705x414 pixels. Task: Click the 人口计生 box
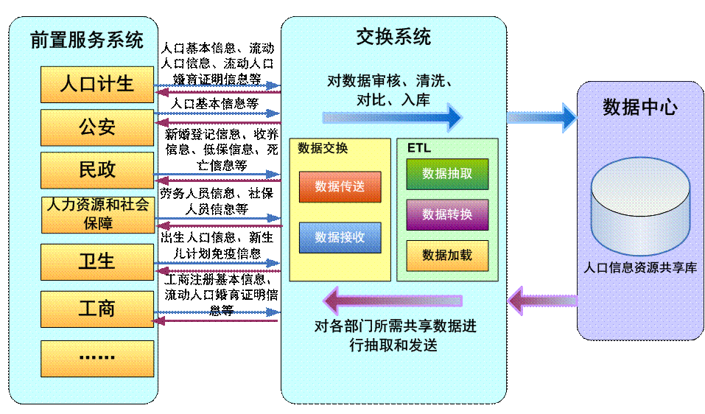click(x=97, y=84)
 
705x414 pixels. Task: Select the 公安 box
click(x=97, y=127)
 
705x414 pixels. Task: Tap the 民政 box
click(x=97, y=170)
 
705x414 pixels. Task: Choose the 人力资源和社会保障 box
click(x=97, y=214)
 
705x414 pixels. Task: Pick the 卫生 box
click(x=97, y=262)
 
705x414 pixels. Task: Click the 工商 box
click(x=97, y=309)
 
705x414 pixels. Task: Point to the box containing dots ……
click(x=97, y=358)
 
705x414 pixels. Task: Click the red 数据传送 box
click(x=340, y=187)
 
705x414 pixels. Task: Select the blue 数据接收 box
click(x=340, y=237)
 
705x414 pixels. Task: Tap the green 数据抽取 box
click(x=447, y=174)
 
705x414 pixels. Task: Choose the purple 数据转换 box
click(x=447, y=214)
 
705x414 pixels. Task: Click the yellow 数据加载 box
click(x=447, y=255)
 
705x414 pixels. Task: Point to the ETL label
click(x=419, y=148)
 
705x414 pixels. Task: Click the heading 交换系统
click(x=393, y=37)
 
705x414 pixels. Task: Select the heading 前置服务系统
click(x=87, y=40)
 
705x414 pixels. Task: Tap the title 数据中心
click(x=640, y=107)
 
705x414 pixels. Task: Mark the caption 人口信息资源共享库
click(x=640, y=268)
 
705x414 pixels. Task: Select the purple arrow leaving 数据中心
click(x=541, y=301)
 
